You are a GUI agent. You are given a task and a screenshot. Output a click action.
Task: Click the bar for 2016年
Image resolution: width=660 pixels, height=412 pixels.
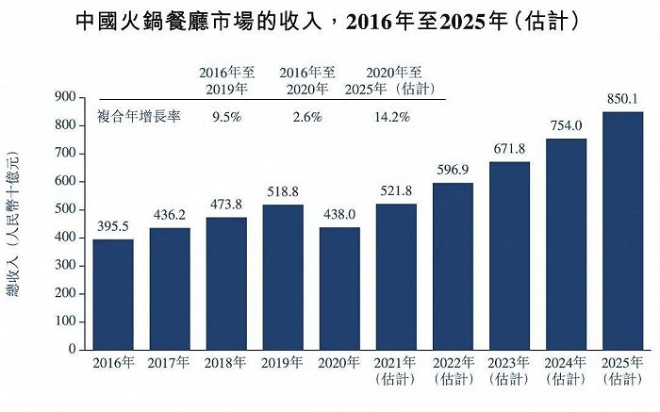click(x=112, y=294)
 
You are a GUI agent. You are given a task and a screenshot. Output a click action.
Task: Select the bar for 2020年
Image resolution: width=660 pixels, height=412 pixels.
click(x=338, y=288)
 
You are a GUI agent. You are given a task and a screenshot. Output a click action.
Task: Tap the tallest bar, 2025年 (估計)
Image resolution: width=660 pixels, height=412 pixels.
click(x=623, y=231)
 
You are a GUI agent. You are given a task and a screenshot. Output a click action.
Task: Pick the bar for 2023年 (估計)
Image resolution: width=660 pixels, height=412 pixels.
click(x=509, y=255)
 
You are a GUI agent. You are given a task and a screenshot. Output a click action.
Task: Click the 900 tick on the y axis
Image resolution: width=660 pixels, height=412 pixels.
click(x=64, y=97)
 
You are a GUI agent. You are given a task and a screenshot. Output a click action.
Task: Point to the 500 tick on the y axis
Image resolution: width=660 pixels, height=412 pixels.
click(x=64, y=209)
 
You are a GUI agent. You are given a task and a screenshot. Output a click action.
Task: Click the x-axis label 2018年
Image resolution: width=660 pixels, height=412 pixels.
click(x=225, y=363)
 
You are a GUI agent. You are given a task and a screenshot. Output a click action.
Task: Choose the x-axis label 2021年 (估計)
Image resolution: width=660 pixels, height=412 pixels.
click(x=396, y=371)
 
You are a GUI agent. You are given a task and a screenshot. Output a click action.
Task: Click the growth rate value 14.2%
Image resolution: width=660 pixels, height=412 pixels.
click(x=392, y=118)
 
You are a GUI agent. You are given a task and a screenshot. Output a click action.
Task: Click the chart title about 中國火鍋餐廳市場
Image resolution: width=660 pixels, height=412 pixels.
click(x=330, y=20)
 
